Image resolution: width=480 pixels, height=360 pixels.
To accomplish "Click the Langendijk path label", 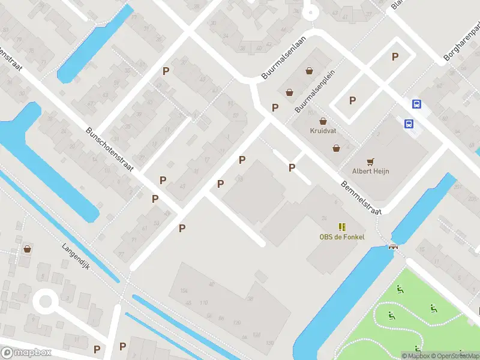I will click(76, 256).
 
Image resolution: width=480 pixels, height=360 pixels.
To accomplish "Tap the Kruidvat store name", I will click(323, 130).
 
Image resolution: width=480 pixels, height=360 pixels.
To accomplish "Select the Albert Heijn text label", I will click(370, 171).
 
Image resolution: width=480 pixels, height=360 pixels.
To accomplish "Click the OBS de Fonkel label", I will click(341, 236).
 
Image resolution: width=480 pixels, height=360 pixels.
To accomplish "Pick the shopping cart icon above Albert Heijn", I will click(370, 161).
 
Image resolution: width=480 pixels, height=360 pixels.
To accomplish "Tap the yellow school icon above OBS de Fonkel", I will click(341, 226).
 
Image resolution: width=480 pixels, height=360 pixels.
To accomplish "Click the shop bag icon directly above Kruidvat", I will click(323, 121).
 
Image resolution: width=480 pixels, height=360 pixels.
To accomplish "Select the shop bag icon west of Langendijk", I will click(27, 248).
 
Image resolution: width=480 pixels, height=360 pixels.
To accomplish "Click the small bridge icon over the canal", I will click(394, 246).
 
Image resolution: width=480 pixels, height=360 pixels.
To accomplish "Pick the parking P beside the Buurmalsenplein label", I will click(275, 107).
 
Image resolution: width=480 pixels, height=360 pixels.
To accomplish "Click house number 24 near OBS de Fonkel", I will click(324, 217).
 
